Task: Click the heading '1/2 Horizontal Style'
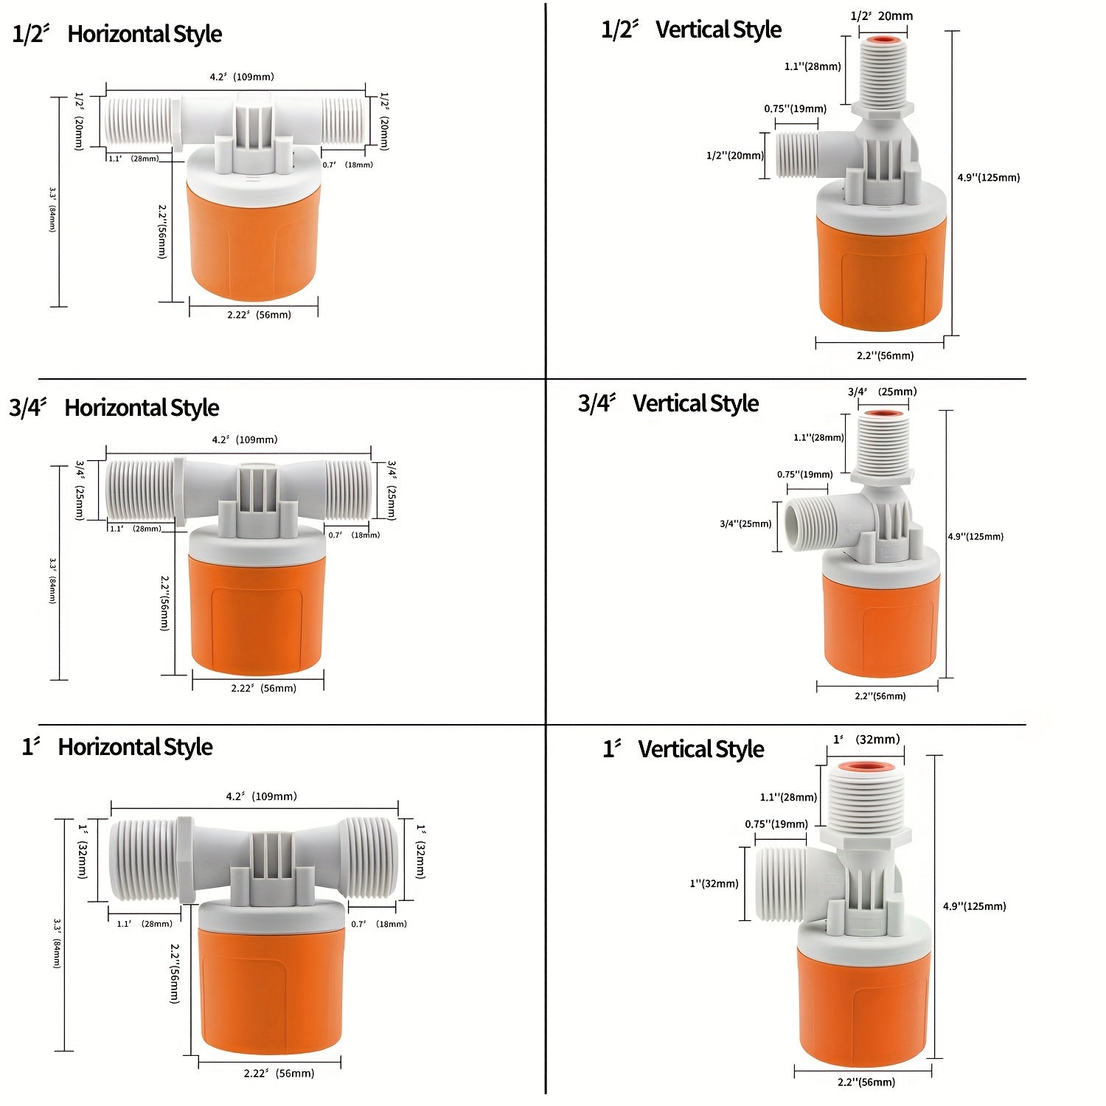coord(116,34)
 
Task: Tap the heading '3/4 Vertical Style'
coord(668,403)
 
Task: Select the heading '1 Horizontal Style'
coord(117,747)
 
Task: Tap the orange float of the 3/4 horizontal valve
coord(257,612)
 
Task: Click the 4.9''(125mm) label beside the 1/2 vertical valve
coord(988,178)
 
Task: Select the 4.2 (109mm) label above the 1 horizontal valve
coord(261,796)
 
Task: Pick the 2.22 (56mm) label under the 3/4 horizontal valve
coord(263,688)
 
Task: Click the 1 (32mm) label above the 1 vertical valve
coord(866,740)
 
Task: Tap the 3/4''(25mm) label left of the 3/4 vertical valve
coord(745,524)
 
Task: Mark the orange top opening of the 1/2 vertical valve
coord(883,40)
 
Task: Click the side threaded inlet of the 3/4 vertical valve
coord(805,524)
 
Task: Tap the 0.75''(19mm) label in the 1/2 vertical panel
coord(795,109)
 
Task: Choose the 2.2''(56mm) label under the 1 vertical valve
coord(866,1082)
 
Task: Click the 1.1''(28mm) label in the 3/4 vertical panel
coord(818,438)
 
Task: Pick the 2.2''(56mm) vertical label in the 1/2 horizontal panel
coord(162,232)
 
